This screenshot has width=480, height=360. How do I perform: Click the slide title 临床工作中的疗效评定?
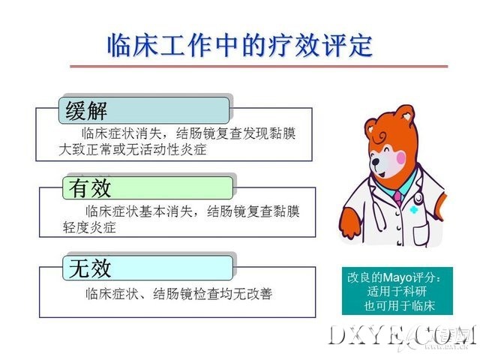pyautogui.click(x=240, y=45)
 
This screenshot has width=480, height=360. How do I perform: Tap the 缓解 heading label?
pyautogui.click(x=86, y=111)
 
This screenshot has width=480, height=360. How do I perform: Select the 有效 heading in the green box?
pyautogui.click(x=89, y=188)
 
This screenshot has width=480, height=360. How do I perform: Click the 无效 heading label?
pyautogui.click(x=89, y=268)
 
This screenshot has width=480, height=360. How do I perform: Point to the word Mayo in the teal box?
pyautogui.click(x=397, y=278)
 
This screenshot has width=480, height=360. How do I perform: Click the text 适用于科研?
pyautogui.click(x=397, y=291)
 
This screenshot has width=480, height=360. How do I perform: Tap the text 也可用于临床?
pyautogui.click(x=400, y=305)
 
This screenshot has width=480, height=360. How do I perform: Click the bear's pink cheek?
pyautogui.click(x=400, y=158)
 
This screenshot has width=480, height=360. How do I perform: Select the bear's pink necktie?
pyautogui.click(x=397, y=198)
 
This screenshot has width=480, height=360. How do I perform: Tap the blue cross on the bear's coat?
pyautogui.click(x=413, y=210)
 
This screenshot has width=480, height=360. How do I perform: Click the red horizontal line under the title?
pyautogui.click(x=259, y=66)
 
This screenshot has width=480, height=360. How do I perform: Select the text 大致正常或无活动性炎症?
pyautogui.click(x=133, y=150)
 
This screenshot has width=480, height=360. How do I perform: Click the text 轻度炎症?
pyautogui.click(x=89, y=227)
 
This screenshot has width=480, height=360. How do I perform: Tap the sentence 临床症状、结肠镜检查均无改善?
pyautogui.click(x=178, y=294)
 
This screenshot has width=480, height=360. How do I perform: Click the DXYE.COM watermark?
pyautogui.click(x=402, y=336)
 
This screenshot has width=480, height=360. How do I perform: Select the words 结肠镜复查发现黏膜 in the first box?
pyautogui.click(x=236, y=133)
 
